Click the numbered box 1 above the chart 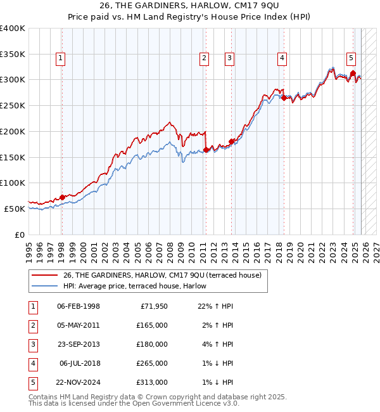[60, 58]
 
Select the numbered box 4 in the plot [281, 58]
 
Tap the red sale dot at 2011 [206, 150]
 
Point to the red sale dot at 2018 [284, 98]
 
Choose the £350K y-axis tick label [13, 54]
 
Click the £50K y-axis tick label [15, 209]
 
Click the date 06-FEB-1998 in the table [78, 306]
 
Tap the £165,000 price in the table [152, 325]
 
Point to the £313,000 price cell [152, 382]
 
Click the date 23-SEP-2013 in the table [78, 344]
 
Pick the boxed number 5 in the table [32, 382]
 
